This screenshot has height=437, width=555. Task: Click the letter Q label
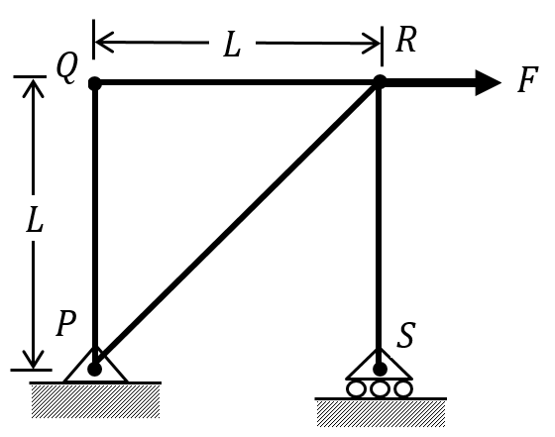pos(67,69)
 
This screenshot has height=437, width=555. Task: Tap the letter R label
pos(406,39)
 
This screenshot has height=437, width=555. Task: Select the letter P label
pos(66,323)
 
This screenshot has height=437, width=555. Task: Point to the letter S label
pos(405,335)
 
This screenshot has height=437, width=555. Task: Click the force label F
pos(527,79)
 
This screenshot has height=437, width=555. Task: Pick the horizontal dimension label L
pos(232,45)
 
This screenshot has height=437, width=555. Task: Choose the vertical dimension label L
pos(35,219)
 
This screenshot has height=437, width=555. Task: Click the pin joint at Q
pos(95,84)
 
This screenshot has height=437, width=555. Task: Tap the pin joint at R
pos(380,81)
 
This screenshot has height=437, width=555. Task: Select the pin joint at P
pos(94,369)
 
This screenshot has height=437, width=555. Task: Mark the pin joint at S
pos(380,369)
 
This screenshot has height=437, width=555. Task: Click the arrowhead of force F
pos(489,83)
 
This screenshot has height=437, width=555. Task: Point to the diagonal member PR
pos(237,225)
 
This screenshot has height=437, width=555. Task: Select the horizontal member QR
pos(237,82)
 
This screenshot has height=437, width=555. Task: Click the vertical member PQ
pos(95,227)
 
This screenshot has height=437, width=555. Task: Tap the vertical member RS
pos(379,225)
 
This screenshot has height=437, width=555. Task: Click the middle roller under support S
pos(380,388)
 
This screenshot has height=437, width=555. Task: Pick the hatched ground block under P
pos(95,401)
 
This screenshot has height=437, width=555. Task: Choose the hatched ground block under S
pos(381,413)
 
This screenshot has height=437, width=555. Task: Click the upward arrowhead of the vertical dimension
pos(34,88)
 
